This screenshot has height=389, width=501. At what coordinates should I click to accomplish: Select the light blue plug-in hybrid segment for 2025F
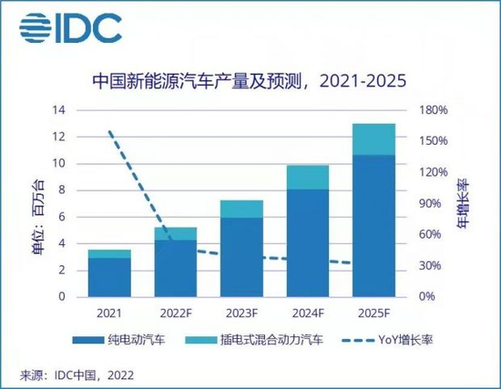[374, 138]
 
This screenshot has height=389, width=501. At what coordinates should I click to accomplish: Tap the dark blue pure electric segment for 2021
[109, 277]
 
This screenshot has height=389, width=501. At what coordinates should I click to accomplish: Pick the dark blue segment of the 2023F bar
[241, 257]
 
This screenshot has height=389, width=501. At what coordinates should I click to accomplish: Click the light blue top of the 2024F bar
[308, 177]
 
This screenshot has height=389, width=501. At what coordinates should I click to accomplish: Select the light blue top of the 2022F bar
[175, 233]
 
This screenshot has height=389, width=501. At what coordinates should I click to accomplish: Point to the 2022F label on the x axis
[175, 312]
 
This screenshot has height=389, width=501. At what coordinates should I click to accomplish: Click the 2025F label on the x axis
[374, 312]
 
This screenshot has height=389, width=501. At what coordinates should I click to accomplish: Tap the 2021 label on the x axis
[109, 312]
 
